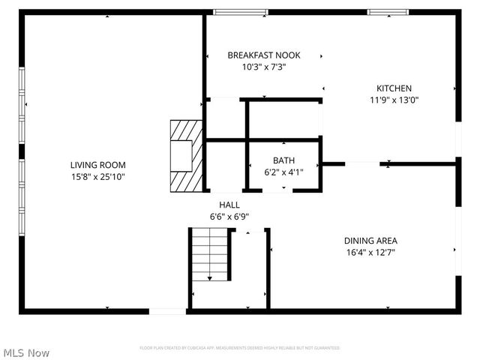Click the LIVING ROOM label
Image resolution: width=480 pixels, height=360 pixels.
click(97, 165)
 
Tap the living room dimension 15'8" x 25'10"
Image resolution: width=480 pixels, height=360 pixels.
click(97, 177)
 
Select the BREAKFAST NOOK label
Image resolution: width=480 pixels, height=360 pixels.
click(264, 55)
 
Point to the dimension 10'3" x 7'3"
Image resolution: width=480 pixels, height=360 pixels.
click(264, 67)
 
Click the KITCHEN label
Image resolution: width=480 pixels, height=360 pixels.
click(394, 88)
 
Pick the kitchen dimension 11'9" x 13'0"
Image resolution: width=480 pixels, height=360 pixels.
click(394, 100)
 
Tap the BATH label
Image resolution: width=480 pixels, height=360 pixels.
click(283, 160)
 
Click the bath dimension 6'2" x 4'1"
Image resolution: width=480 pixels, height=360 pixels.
click(283, 172)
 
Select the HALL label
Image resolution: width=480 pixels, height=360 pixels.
click(229, 205)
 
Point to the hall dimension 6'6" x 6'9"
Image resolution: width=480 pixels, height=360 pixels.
click(229, 217)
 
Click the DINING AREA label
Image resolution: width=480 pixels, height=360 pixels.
click(370, 241)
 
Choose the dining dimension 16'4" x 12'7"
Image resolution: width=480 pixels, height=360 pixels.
click(370, 253)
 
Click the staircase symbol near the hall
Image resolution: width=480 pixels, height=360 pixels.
click(209, 255)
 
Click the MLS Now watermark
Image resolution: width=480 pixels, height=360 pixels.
click(27, 352)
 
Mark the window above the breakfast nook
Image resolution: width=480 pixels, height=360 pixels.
click(240, 12)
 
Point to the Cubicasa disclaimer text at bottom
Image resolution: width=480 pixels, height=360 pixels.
click(240, 348)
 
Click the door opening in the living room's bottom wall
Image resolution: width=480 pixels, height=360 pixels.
click(167, 310)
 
